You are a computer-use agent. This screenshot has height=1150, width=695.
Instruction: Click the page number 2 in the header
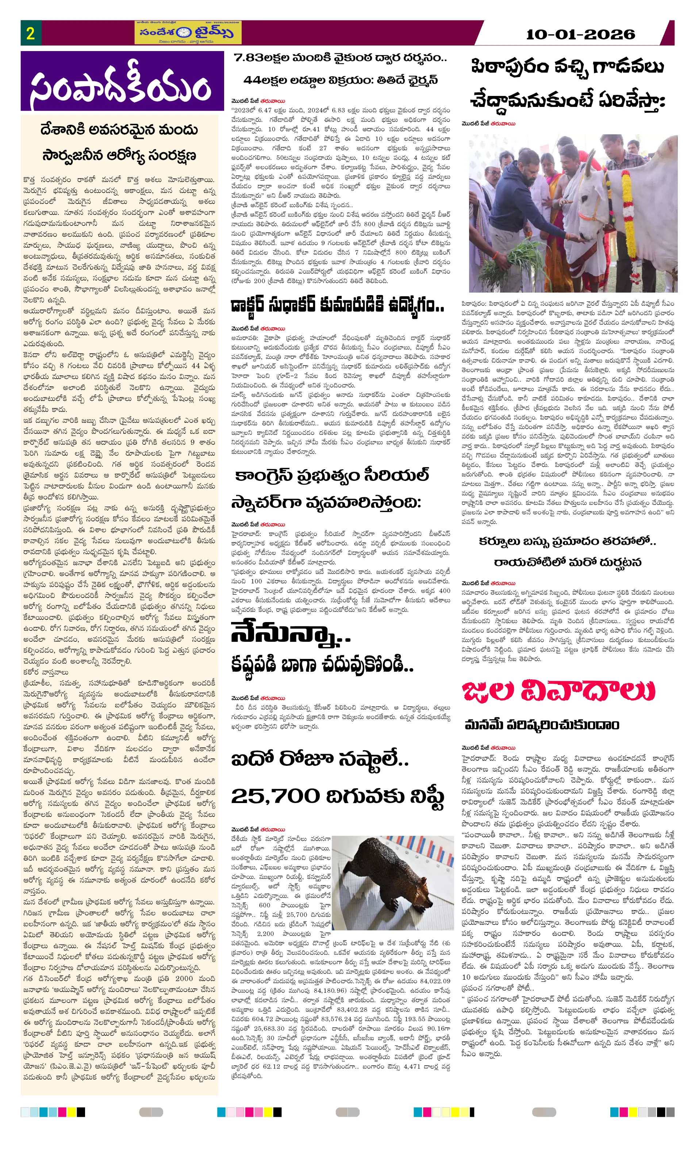(30, 33)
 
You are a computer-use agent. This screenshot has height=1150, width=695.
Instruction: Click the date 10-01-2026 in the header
(580, 34)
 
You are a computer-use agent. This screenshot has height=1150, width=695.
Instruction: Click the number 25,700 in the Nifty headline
(275, 796)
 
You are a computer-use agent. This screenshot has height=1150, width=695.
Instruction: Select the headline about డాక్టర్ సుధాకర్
(337, 306)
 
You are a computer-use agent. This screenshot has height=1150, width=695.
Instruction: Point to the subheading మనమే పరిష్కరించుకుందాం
(542, 725)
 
